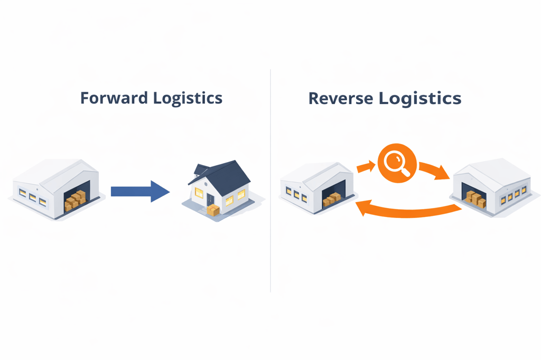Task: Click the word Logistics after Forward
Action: pyautogui.click(x=188, y=99)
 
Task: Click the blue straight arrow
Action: pyautogui.click(x=139, y=191)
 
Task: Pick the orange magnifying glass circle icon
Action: pyautogui.click(x=397, y=163)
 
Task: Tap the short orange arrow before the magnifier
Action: pyautogui.click(x=365, y=168)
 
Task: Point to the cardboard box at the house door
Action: pyautogui.click(x=213, y=210)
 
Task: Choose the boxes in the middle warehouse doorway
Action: pyautogui.click(x=332, y=200)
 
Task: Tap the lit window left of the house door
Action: pyautogui.click(x=199, y=193)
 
